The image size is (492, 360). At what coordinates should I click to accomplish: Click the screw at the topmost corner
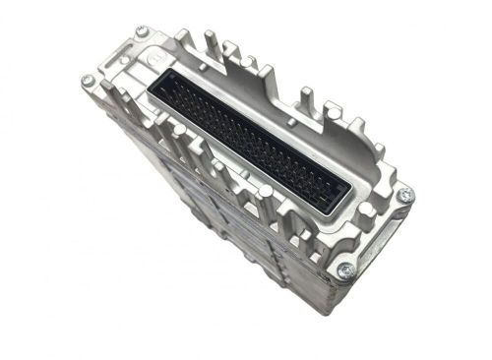[x=142, y=31]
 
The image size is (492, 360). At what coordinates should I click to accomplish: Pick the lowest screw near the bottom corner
[x=344, y=271]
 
